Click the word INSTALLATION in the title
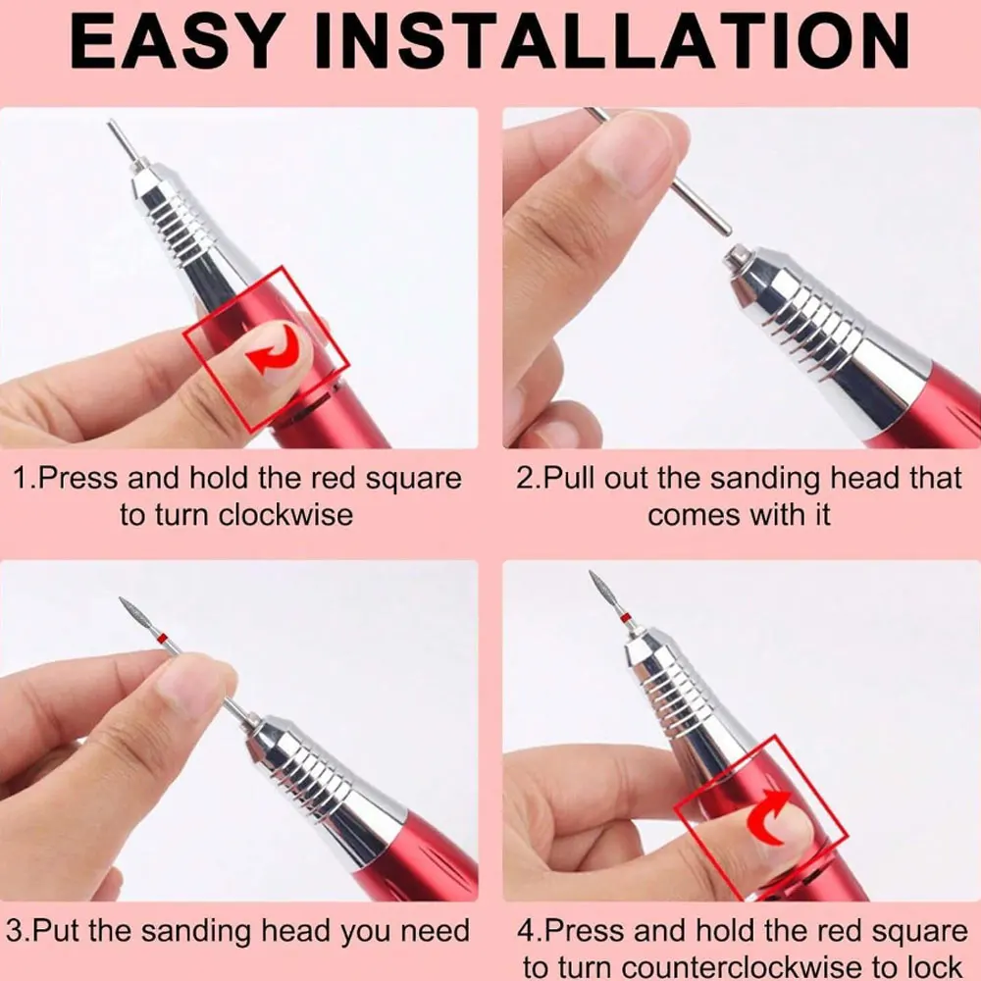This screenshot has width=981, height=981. [x=609, y=40]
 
